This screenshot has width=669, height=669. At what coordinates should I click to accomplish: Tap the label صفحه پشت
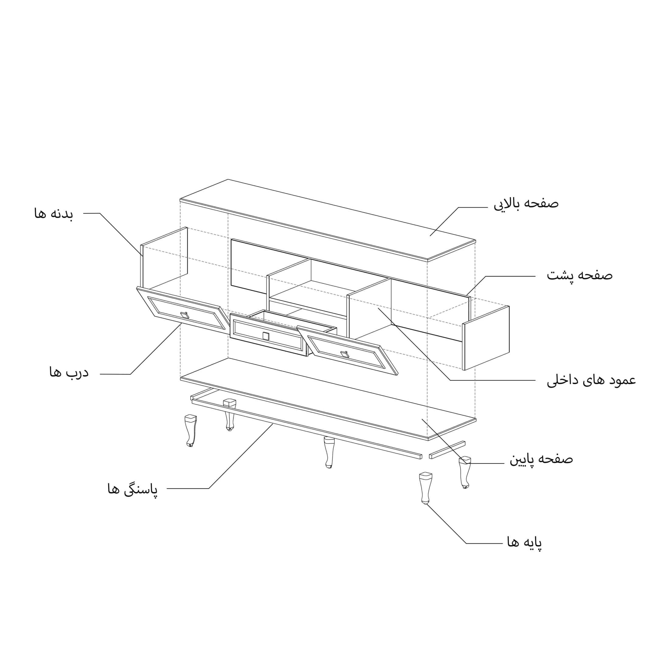[x=580, y=275]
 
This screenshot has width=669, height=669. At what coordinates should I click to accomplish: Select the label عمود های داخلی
[x=591, y=380]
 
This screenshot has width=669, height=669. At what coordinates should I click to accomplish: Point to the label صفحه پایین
[x=541, y=459]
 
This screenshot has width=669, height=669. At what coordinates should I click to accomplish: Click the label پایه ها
[x=525, y=542]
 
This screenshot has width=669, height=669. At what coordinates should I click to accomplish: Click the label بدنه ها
[x=54, y=213]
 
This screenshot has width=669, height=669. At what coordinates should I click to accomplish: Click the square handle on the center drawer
[x=265, y=336]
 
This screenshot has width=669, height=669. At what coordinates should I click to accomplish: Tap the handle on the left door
[x=185, y=314]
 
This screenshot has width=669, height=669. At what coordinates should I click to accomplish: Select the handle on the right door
[x=345, y=354]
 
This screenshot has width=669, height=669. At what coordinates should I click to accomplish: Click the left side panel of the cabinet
[x=164, y=258]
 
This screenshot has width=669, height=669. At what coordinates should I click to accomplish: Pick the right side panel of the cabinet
[x=486, y=338]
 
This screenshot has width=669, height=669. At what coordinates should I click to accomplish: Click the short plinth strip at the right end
[x=447, y=450]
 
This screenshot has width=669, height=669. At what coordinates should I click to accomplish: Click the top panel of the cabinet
[x=328, y=220]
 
